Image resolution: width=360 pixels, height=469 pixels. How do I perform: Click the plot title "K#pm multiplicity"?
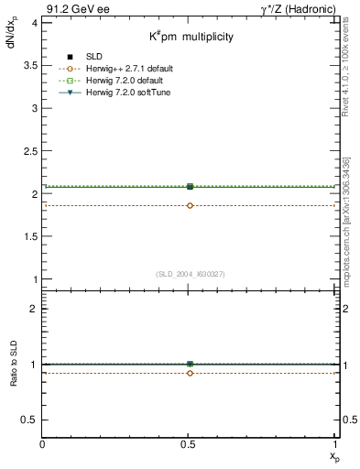[191, 37]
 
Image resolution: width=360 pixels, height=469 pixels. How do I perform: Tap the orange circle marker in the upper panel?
[190, 205]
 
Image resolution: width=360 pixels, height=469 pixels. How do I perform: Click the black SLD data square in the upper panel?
[190, 186]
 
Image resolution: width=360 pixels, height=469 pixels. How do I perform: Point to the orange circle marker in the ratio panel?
[190, 373]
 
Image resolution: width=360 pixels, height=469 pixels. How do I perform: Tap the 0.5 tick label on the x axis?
[190, 445]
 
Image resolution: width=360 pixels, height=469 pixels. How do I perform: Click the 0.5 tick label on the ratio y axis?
[28, 420]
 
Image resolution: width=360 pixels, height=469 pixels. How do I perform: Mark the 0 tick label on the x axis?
[43, 445]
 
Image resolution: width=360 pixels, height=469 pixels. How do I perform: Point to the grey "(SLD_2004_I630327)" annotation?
[191, 274]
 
